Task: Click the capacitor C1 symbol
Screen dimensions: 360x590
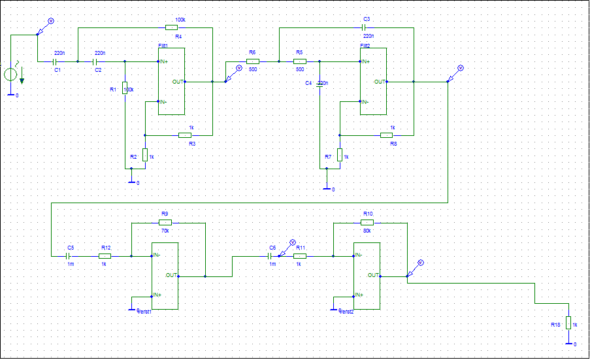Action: tap(57, 61)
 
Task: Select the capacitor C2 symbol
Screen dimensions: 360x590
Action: tap(98, 61)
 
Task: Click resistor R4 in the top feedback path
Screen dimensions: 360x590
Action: tap(171, 27)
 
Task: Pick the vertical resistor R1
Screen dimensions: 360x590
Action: tap(125, 88)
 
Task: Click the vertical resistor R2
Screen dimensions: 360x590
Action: tap(144, 155)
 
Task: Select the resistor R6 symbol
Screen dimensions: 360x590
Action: tap(253, 61)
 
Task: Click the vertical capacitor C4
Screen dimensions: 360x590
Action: tap(320, 85)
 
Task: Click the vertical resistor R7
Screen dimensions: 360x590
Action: tap(340, 155)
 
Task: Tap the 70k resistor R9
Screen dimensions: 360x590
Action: tap(165, 222)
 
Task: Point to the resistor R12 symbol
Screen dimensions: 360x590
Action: tap(105, 256)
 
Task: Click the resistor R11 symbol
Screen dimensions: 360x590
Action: tap(299, 256)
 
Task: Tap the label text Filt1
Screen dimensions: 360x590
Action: tap(163, 46)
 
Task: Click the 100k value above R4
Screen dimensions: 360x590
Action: tap(180, 20)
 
